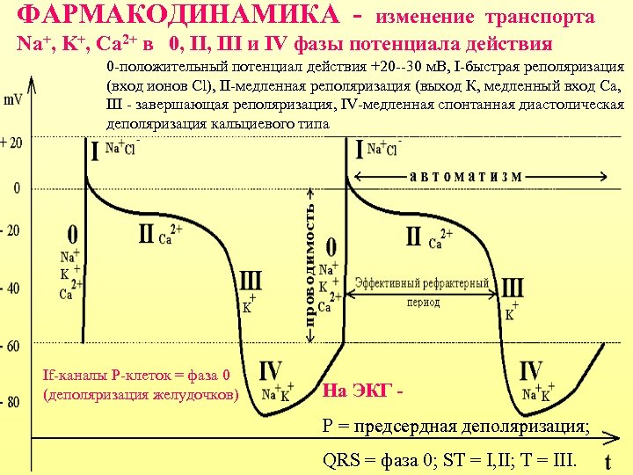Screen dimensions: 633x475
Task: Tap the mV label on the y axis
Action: click(x=13, y=100)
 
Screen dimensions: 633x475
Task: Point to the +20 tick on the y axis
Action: click(x=12, y=142)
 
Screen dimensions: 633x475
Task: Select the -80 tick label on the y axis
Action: click(x=13, y=403)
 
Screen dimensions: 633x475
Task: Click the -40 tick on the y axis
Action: click(x=13, y=288)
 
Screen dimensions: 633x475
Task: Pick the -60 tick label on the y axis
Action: click(x=13, y=346)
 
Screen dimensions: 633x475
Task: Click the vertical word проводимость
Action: click(x=309, y=263)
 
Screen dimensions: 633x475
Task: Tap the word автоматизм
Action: click(x=466, y=175)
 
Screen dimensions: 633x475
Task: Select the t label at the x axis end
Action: click(x=608, y=461)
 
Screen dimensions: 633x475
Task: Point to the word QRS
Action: click(x=341, y=460)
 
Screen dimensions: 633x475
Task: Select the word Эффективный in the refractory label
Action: click(x=390, y=283)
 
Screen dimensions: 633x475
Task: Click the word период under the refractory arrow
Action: click(x=423, y=303)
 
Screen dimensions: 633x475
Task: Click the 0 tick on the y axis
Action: click(x=16, y=188)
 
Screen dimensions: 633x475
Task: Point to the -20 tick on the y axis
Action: click(x=13, y=230)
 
